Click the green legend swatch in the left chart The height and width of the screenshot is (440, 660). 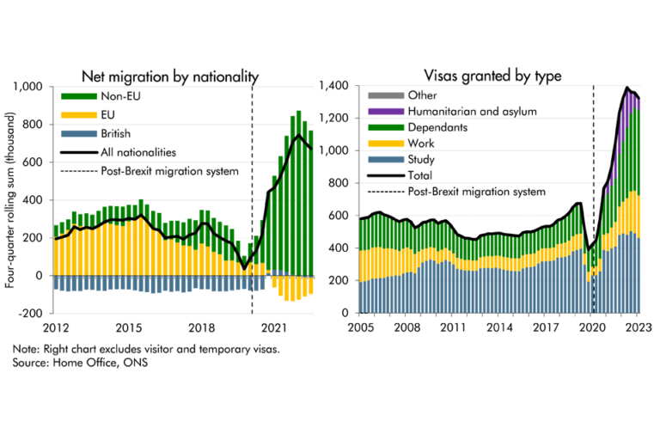pos(79,101)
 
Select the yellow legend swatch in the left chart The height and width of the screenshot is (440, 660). pos(78,117)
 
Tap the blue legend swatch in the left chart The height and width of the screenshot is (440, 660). pos(80,139)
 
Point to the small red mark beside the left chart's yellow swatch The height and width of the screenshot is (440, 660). pos(100,117)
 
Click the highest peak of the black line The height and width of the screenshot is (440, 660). pos(298,135)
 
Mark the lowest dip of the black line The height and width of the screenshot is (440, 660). pos(244,267)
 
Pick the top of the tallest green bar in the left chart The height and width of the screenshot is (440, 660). pos(298,111)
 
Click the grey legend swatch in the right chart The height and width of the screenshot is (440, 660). pos(386,96)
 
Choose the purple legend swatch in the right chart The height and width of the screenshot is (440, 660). pos(386,113)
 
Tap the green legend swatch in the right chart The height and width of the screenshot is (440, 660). pos(387,131)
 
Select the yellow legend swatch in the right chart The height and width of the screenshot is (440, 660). pos(386,145)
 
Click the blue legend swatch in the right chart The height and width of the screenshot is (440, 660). pos(387,163)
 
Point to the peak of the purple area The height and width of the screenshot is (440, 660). pos(628,92)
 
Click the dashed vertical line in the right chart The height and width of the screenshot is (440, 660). pos(594,292)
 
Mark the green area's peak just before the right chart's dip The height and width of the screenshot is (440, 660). pos(577,206)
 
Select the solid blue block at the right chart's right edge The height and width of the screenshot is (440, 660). pos(650,275)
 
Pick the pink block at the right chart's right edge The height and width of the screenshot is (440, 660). pos(650,205)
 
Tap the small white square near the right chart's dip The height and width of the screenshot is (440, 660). pos(589,219)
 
